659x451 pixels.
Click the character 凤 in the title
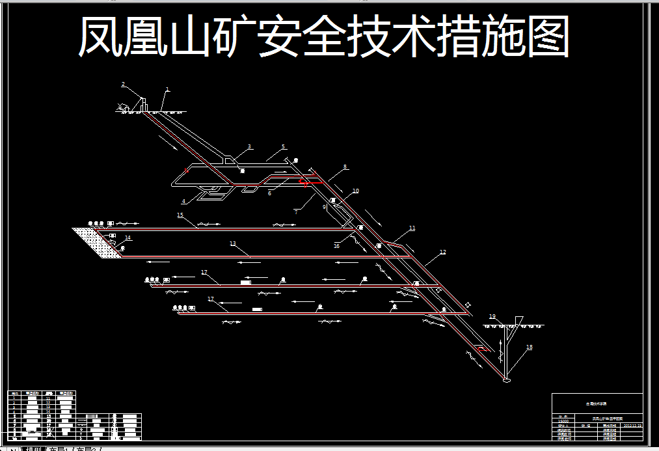pos(101,36)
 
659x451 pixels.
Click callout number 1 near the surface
pos(167,89)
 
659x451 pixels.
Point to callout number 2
pos(122,84)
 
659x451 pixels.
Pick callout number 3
pos(250,146)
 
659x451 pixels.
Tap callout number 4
pos(183,201)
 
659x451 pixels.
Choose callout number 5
pos(284,146)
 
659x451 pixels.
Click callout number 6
pos(269,193)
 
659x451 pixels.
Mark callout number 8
pos(345,167)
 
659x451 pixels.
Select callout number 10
pos(355,191)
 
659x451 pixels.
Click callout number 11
pos(412,228)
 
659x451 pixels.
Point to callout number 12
pos(443,252)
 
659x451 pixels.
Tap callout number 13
pos(232,243)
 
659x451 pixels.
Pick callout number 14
pos(128,238)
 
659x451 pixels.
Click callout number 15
pos(180,214)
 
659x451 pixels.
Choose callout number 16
pos(336,246)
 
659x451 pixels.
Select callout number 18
pos(529,348)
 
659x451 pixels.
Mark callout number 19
pos(492,316)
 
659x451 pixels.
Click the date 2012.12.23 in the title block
pos(632,425)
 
